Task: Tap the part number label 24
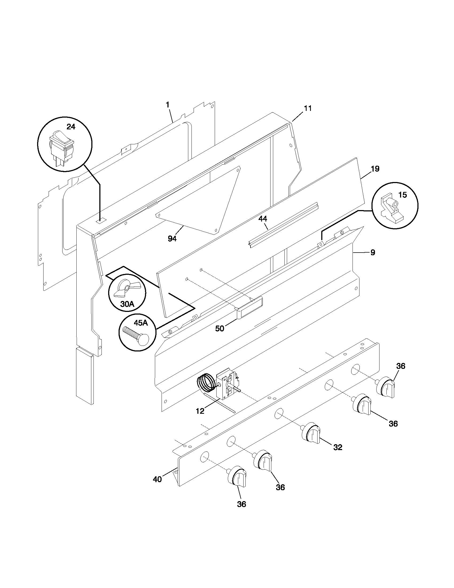tap(71, 127)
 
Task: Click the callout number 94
tap(173, 238)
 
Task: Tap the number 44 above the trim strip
tap(263, 219)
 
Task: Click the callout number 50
tap(220, 328)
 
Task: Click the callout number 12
tap(200, 411)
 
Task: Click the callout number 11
tap(308, 108)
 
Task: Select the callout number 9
tap(373, 252)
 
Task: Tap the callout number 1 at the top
tap(167, 105)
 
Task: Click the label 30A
tap(127, 304)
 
